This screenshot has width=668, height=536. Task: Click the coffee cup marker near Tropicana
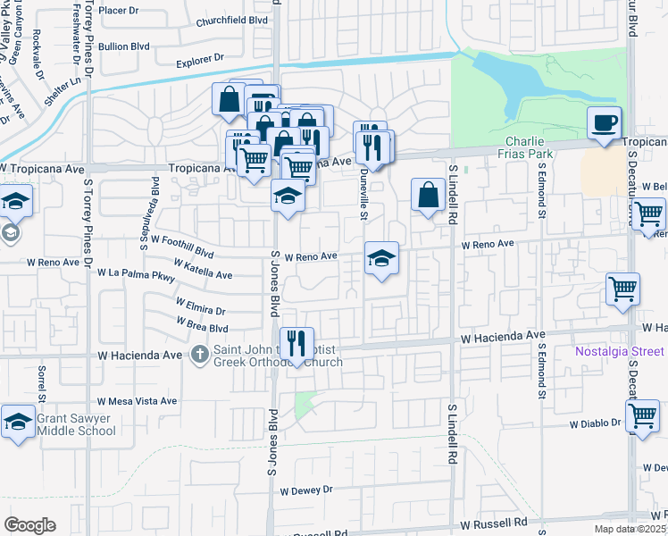604,122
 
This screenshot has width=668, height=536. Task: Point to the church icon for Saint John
198,355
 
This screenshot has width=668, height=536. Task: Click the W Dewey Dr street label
305,490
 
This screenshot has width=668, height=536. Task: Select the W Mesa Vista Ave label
138,402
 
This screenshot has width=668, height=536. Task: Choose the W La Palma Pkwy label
136,272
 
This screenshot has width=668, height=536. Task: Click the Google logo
29,525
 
